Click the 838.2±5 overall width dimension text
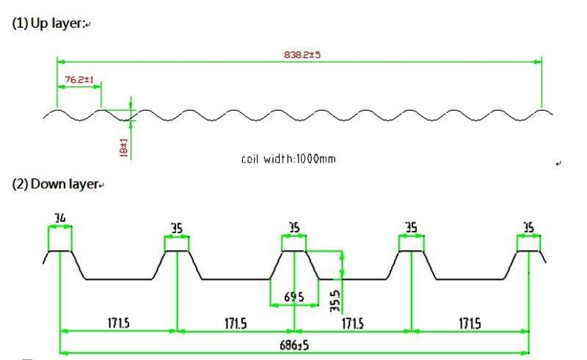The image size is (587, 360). (302, 55)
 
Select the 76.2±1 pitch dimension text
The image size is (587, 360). (79, 79)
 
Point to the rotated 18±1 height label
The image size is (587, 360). (123, 148)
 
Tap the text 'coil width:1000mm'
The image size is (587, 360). (288, 159)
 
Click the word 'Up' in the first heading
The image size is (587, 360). (40, 23)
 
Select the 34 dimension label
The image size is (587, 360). (60, 218)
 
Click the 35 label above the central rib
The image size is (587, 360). (294, 227)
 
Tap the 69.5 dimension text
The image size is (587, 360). (294, 297)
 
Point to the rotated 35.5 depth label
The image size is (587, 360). (335, 301)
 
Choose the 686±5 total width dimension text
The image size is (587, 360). (294, 345)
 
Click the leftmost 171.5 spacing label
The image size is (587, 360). (119, 323)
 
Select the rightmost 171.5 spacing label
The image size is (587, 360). (470, 323)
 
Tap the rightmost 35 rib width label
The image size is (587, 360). (528, 227)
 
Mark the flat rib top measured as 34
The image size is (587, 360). (60, 251)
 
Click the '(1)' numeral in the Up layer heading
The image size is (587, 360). (20, 23)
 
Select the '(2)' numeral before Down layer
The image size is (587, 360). (20, 184)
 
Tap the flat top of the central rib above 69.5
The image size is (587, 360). (294, 251)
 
